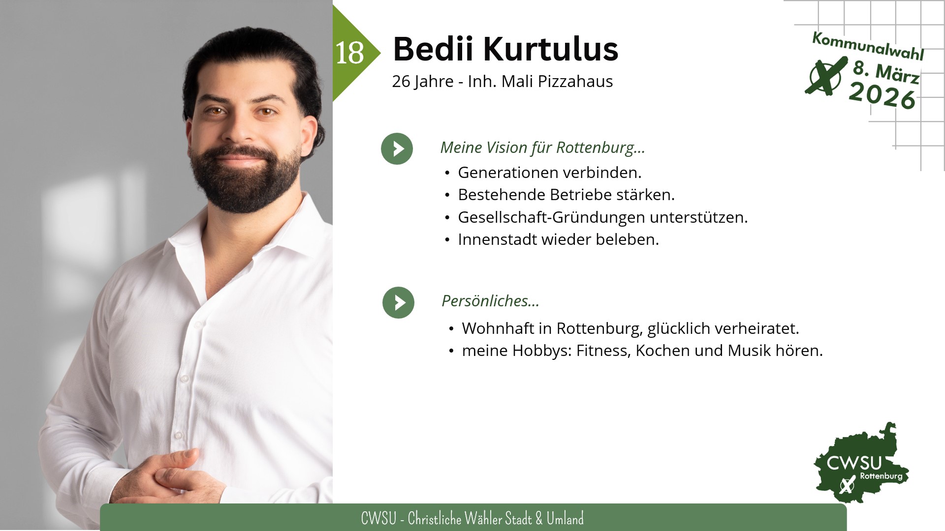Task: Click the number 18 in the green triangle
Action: point(349,53)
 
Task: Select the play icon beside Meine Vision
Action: point(397,148)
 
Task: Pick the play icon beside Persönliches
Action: point(398,302)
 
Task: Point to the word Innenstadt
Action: point(498,239)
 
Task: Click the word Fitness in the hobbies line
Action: point(603,351)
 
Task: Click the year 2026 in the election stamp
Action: point(882,96)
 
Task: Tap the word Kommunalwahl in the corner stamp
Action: point(868,46)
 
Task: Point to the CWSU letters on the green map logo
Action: point(854,463)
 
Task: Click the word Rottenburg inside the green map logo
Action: point(881,476)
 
